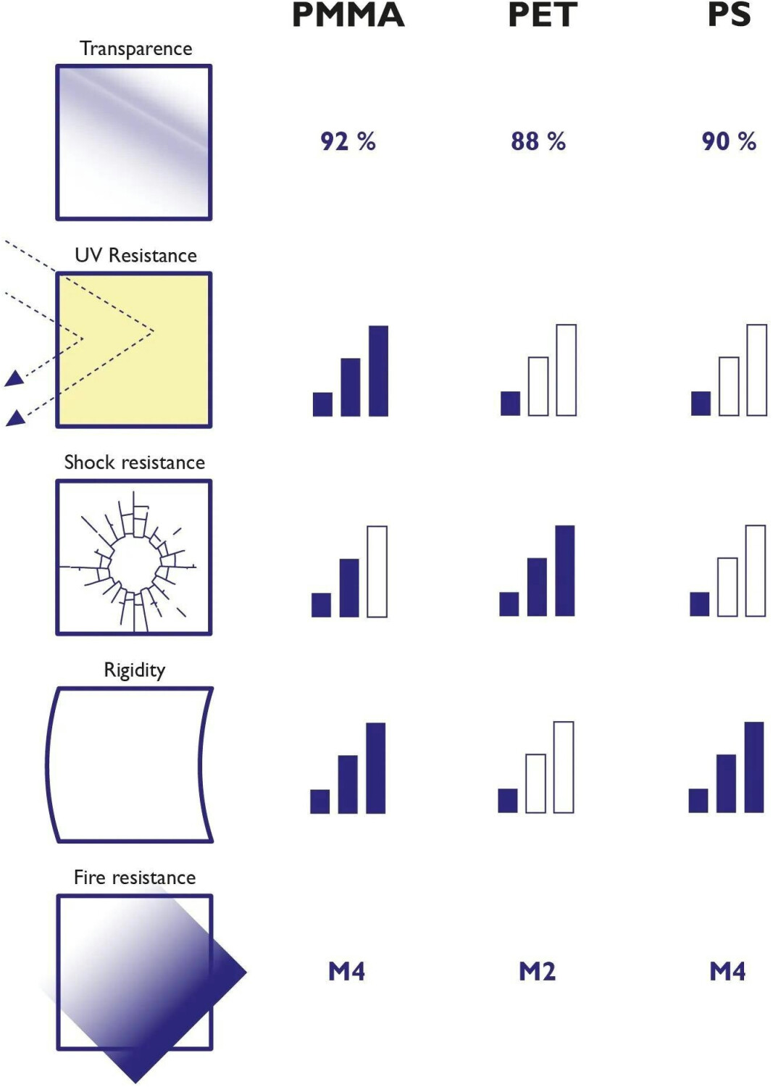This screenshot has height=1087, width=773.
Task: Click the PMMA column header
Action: (x=348, y=15)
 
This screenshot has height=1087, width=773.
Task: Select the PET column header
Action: (x=543, y=15)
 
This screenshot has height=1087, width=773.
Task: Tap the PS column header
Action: (x=729, y=15)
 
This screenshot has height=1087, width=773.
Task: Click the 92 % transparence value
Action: (x=348, y=141)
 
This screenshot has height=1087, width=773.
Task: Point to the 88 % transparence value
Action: (x=538, y=141)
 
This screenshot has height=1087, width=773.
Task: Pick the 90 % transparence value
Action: (x=728, y=141)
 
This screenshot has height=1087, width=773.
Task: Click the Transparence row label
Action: (x=135, y=49)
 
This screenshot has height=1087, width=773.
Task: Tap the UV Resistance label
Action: (x=135, y=255)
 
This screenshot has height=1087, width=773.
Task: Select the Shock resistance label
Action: (x=135, y=462)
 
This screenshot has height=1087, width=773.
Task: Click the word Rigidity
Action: (x=135, y=670)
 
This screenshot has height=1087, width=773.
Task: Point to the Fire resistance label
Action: (x=135, y=878)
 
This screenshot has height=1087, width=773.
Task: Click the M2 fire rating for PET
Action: (x=537, y=971)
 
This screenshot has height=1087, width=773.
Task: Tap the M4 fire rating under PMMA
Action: (x=346, y=971)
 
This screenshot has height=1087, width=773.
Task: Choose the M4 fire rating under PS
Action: (x=727, y=971)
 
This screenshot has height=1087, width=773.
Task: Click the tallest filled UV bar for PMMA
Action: (x=378, y=371)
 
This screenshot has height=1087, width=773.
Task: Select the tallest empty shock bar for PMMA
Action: (x=377, y=572)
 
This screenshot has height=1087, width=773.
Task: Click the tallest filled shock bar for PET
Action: (x=565, y=571)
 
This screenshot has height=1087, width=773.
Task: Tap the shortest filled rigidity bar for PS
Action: (x=698, y=801)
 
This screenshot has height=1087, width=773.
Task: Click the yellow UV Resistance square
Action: (x=134, y=350)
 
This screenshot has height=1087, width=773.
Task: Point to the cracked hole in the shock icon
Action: (x=135, y=564)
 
